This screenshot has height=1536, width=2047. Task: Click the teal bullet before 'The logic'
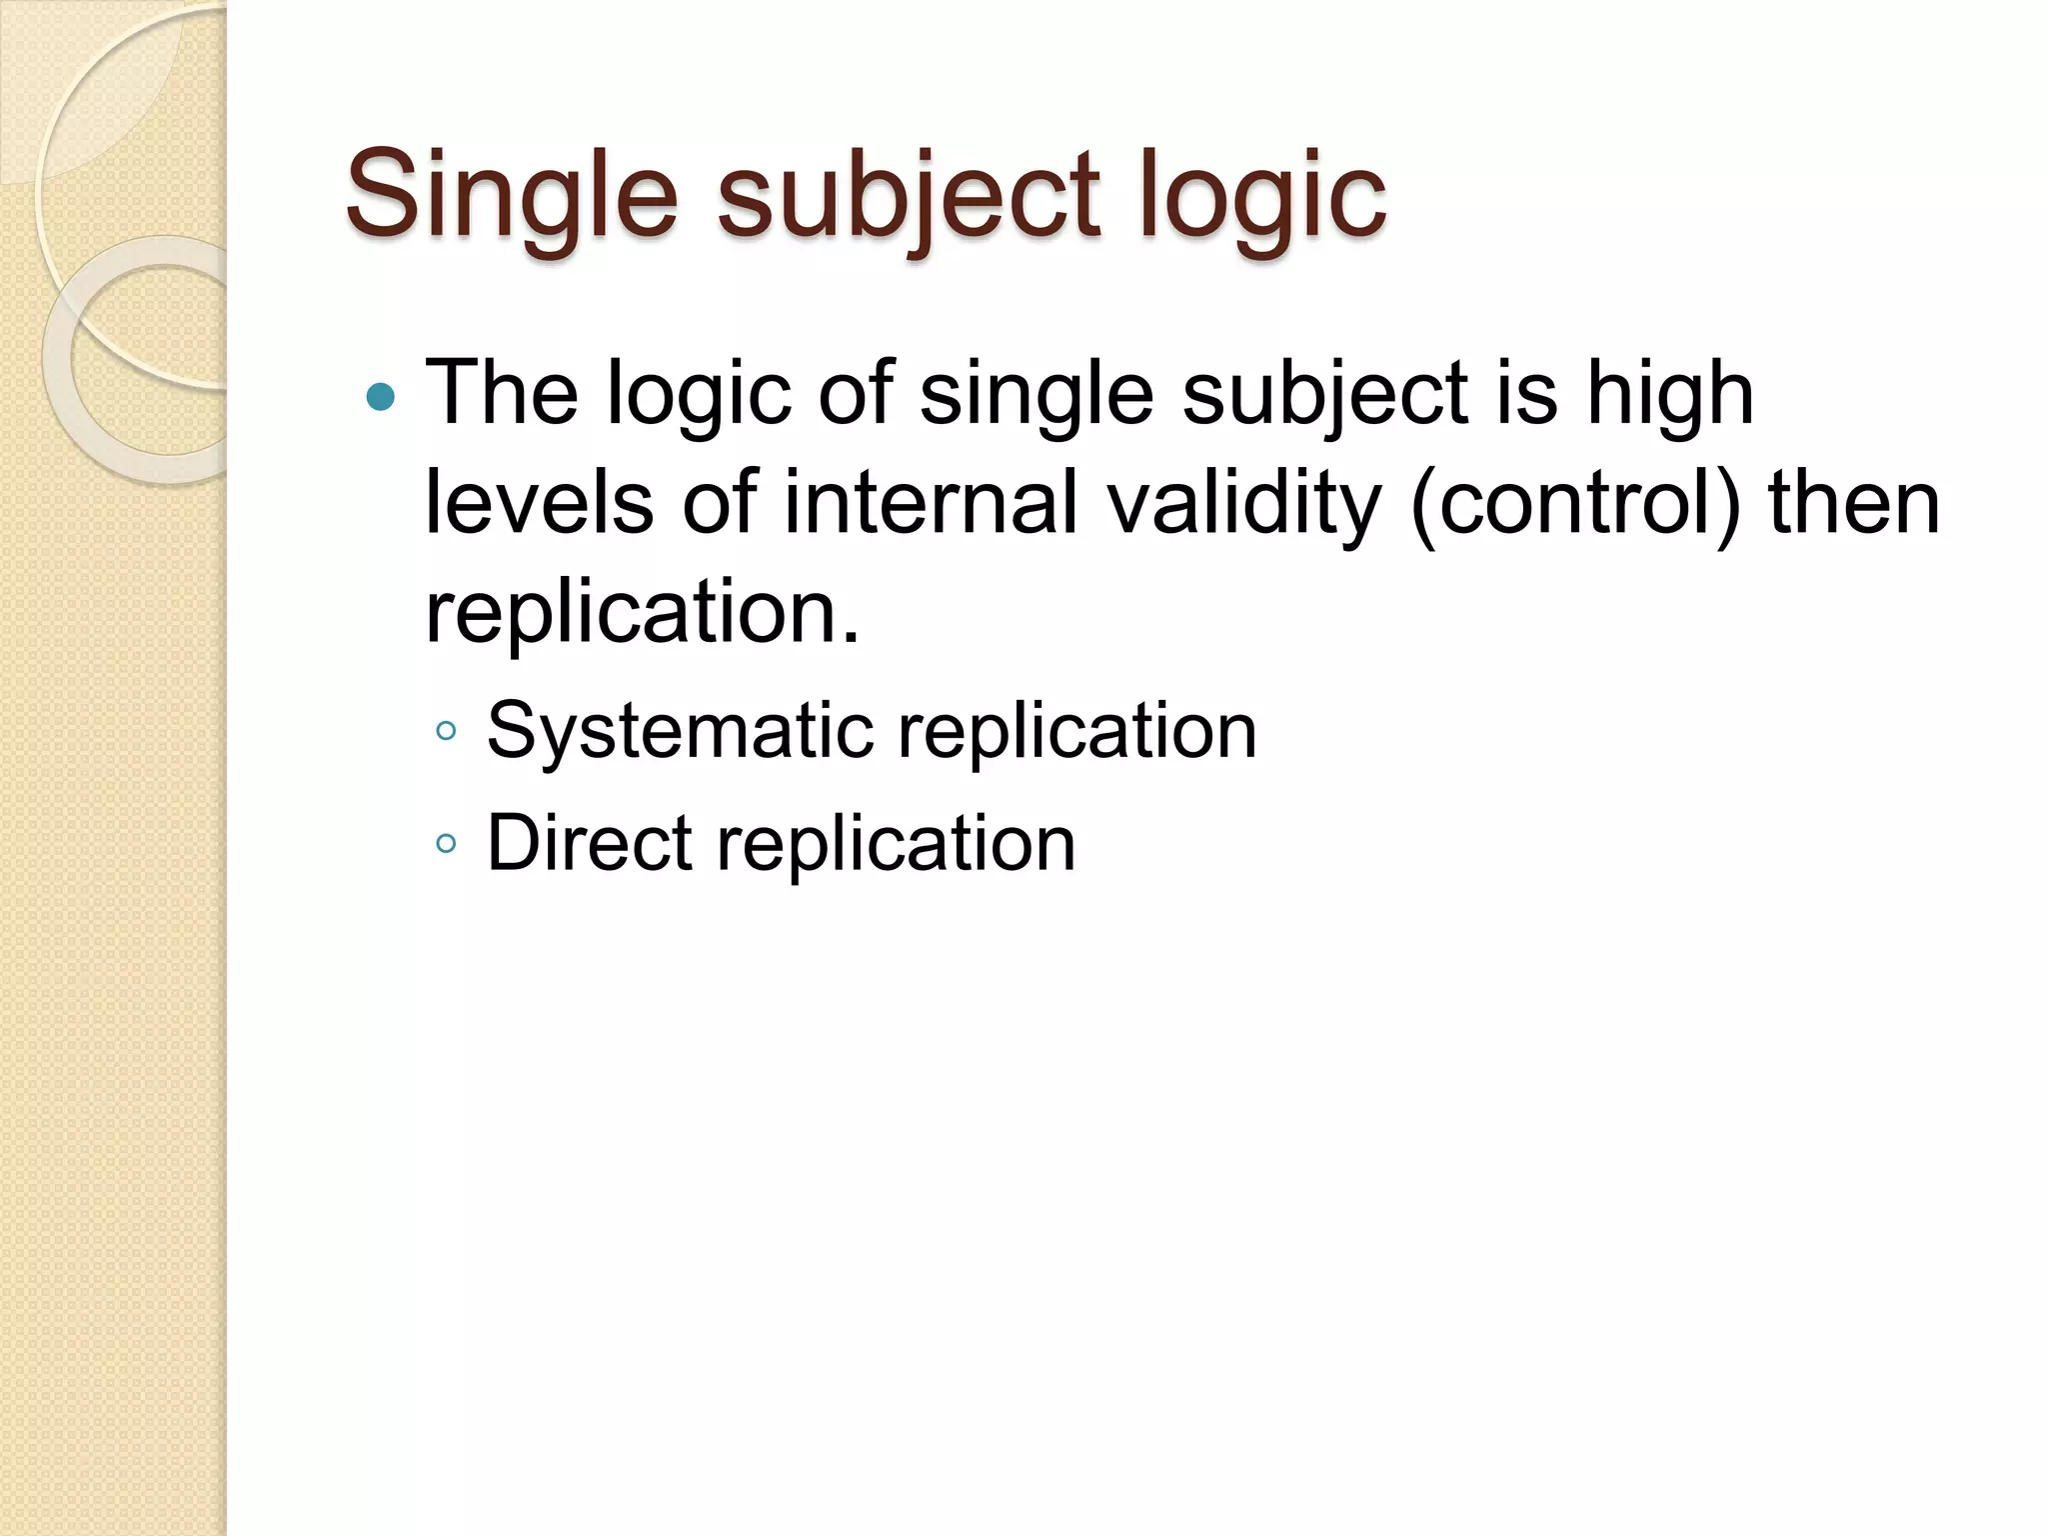point(381,398)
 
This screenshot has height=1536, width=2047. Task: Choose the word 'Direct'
point(589,844)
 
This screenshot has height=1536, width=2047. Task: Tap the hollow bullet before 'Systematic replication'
point(447,732)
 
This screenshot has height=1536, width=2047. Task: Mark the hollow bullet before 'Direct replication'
point(447,844)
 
